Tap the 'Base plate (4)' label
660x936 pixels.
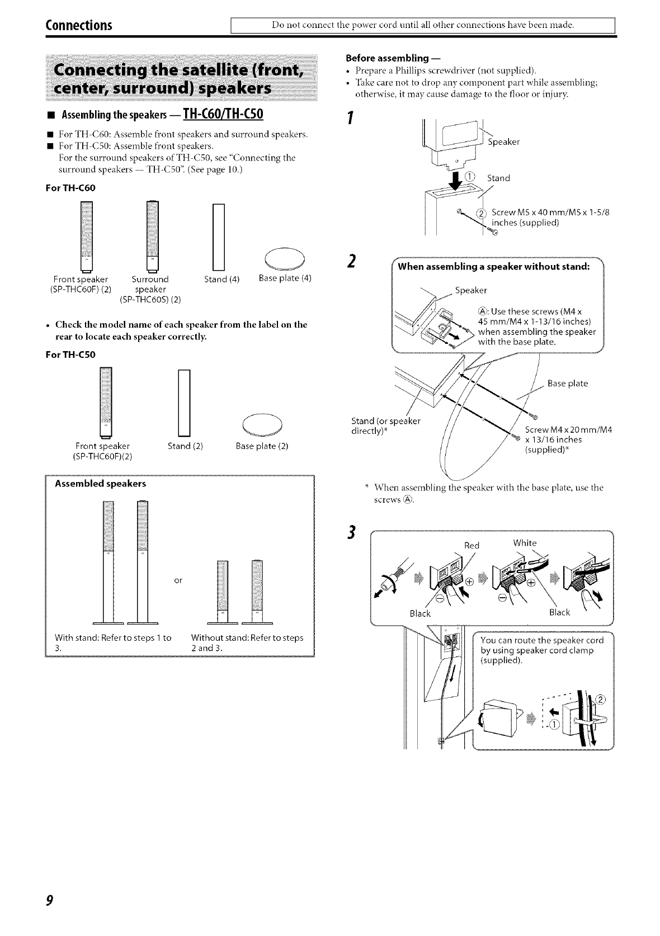pyautogui.click(x=285, y=278)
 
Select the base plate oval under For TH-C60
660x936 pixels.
pyautogui.click(x=284, y=257)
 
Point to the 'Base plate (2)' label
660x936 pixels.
pyautogui.click(x=262, y=446)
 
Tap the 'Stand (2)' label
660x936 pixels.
pyautogui.click(x=185, y=446)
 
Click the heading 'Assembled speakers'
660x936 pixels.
pyautogui.click(x=100, y=483)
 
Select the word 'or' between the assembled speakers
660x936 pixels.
pyautogui.click(x=178, y=580)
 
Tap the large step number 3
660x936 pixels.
pyautogui.click(x=351, y=535)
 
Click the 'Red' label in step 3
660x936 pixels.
pyautogui.click(x=472, y=545)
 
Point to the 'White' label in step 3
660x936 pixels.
pyautogui.click(x=525, y=543)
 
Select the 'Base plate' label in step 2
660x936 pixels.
pyautogui.click(x=568, y=384)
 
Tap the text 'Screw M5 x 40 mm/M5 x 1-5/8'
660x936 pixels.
pyautogui.click(x=550, y=212)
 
